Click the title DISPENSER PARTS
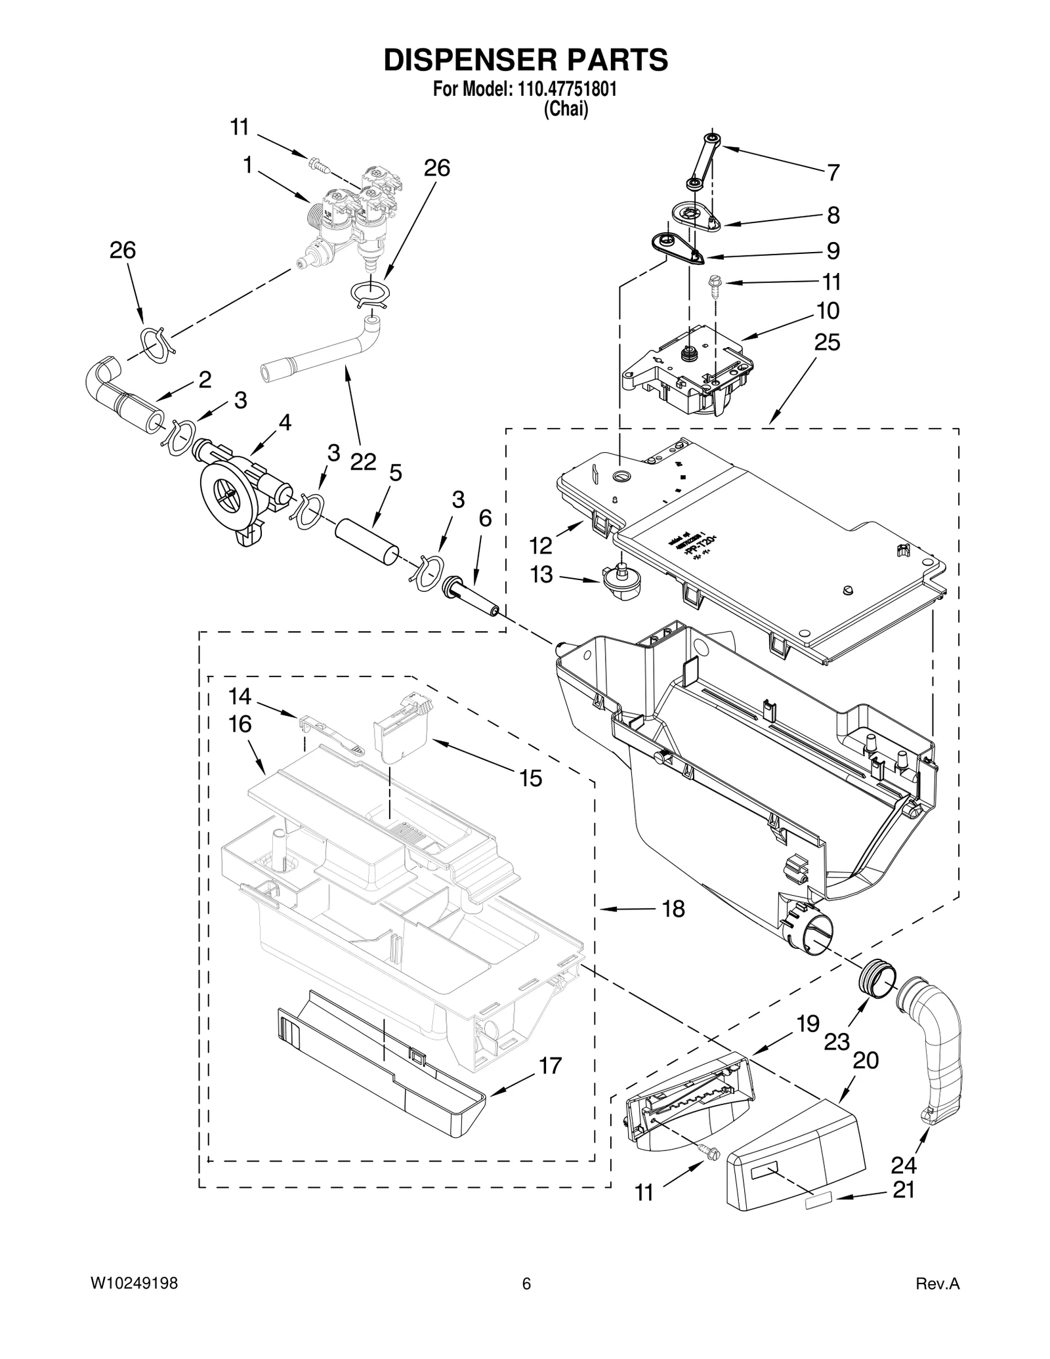coord(525,60)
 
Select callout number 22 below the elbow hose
coord(363,462)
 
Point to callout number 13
coord(541,574)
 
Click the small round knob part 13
coord(620,581)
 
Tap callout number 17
coord(550,1065)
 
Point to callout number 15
coord(530,778)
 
